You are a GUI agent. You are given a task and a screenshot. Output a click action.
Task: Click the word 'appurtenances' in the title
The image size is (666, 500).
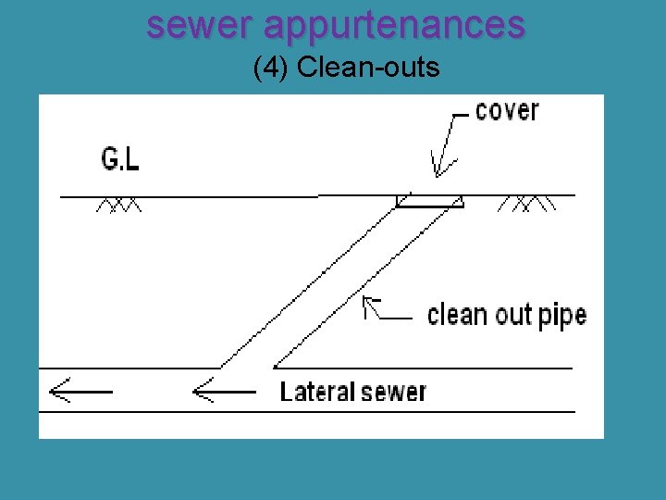tap(394, 25)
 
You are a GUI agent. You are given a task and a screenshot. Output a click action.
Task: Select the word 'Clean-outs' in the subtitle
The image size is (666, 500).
tap(368, 68)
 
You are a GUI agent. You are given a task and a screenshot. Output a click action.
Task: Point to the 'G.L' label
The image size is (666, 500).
tap(120, 160)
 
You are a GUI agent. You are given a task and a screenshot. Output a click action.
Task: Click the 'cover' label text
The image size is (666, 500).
tap(506, 111)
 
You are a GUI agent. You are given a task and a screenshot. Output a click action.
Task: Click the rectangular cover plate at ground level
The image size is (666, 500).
tap(429, 201)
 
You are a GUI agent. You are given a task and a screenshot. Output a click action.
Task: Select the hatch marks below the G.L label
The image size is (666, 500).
tap(119, 205)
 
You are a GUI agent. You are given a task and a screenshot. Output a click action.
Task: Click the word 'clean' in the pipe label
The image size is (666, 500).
tap(458, 315)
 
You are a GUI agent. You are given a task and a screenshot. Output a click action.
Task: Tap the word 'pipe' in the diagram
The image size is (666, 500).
tap(561, 317)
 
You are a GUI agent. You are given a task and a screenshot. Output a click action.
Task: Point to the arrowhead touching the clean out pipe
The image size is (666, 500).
tap(369, 303)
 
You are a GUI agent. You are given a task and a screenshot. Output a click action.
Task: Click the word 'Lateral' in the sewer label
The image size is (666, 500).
tap(315, 392)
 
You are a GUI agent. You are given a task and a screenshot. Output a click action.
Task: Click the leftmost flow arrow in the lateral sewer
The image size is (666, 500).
tap(79, 392)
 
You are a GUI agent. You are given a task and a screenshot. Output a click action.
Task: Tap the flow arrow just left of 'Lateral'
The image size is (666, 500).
tap(222, 392)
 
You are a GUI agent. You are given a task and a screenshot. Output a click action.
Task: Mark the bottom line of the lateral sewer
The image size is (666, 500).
tap(305, 411)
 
